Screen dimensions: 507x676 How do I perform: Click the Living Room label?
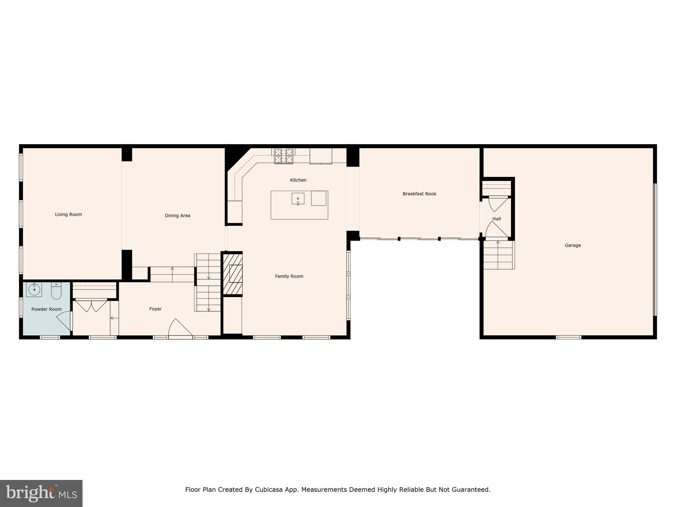[x=68, y=215]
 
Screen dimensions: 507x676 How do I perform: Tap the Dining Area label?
[x=178, y=216]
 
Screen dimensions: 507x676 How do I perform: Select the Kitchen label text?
[x=298, y=180]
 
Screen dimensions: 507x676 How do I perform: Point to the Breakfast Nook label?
[x=419, y=194]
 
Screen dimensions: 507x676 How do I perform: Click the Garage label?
[x=573, y=246]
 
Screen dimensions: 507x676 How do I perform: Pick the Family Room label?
[x=289, y=277]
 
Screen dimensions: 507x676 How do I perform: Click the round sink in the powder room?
[x=34, y=289]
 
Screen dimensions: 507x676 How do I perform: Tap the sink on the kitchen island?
[x=298, y=199]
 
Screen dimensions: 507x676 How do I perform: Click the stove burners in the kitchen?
[x=284, y=156]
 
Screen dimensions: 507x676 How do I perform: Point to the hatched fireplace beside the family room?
[x=233, y=274]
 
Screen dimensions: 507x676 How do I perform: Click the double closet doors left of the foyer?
[x=91, y=305]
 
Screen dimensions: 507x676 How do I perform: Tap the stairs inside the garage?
[x=498, y=254]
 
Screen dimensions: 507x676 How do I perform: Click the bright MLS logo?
[x=41, y=493]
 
